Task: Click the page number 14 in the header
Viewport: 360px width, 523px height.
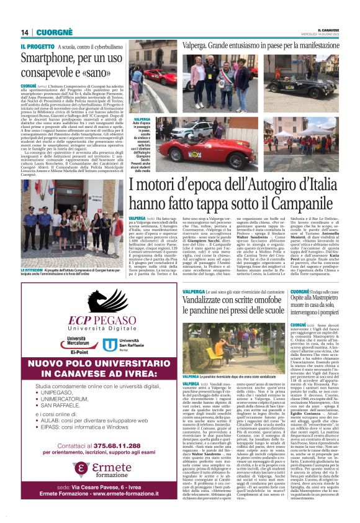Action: [25, 32]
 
